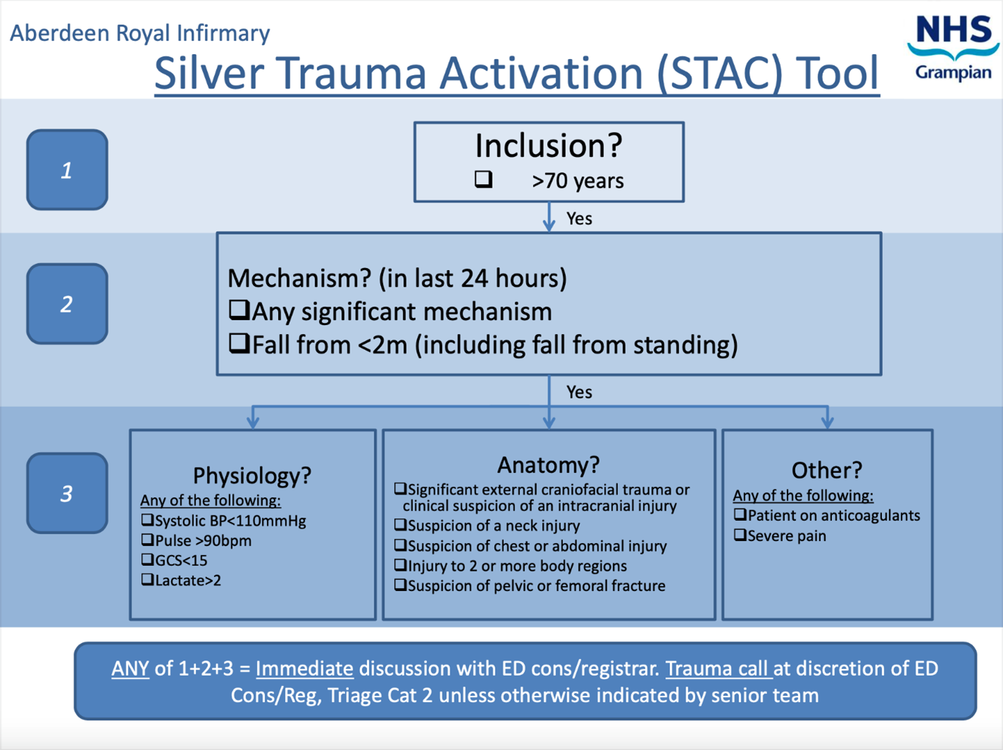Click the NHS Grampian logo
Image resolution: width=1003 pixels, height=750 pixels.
pos(953,48)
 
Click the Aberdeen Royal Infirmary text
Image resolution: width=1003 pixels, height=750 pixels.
pos(140,33)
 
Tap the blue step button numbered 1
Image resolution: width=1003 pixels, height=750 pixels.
pos(67,170)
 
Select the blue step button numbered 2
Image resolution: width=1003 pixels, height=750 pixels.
pos(67,304)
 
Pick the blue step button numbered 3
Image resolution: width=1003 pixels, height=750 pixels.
pos(67,493)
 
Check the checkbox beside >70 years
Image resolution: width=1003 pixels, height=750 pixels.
pos(484,179)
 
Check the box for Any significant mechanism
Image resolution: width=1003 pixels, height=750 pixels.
pos(239,310)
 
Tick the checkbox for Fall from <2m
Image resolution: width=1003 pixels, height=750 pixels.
pos(239,343)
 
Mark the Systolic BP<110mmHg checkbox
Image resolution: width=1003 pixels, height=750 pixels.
pos(147,520)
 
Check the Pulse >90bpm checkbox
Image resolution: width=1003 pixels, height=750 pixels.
pos(147,540)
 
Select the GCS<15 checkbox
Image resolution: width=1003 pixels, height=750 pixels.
pos(147,559)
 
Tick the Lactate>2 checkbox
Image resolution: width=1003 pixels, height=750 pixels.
pos(147,580)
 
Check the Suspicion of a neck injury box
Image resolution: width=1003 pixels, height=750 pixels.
pos(400,525)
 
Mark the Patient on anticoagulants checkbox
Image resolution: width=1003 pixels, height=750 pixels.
pos(740,514)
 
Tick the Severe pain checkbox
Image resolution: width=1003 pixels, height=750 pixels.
pos(740,535)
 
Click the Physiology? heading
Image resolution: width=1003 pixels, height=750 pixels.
pos(252,476)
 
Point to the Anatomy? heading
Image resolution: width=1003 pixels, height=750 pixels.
pos(548,465)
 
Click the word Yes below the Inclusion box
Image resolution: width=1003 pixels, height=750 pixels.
pos(579,219)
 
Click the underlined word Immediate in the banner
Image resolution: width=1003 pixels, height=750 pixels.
pos(304,668)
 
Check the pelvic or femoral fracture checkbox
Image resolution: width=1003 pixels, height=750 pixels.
pos(400,585)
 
